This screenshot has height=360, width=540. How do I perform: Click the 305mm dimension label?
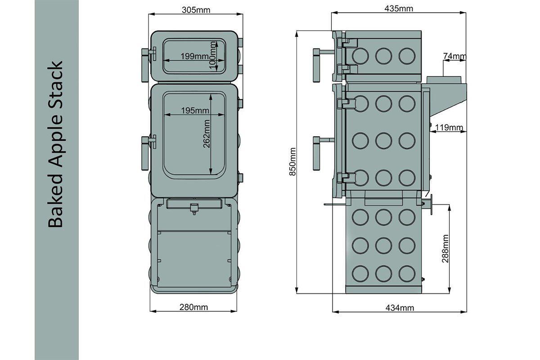[196, 10]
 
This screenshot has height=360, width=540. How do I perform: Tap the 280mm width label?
[193, 307]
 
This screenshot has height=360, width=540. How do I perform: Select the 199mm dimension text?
[195, 56]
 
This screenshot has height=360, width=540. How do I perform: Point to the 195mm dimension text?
[195, 110]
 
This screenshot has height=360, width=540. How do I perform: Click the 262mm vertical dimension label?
[207, 134]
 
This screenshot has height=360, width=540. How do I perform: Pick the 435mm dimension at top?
[399, 9]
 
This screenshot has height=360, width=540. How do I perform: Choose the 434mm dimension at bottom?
[400, 308]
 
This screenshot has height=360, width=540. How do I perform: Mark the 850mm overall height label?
[292, 162]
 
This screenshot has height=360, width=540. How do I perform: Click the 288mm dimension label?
[445, 248]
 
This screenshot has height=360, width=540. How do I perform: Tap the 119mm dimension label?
[449, 127]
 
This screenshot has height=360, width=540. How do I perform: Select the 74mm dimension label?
[454, 56]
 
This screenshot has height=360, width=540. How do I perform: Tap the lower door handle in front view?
[148, 153]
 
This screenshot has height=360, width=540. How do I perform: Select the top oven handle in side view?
[323, 65]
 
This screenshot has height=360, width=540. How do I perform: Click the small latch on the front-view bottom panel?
[194, 209]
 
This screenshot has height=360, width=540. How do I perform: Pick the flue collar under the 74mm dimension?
[444, 80]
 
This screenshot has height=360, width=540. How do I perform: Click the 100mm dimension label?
[213, 55]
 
